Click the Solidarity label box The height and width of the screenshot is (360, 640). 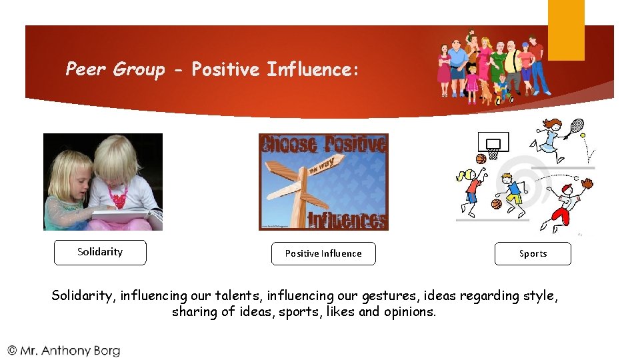[100, 253]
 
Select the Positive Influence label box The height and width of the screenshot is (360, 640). [323, 253]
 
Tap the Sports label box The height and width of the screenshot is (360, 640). [533, 254]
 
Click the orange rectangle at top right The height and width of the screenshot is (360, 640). [566, 29]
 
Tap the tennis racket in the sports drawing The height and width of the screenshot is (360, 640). [577, 125]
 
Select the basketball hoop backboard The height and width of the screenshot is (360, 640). [493, 142]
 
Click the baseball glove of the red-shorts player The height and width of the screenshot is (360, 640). [587, 183]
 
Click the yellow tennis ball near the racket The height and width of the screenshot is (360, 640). [583, 135]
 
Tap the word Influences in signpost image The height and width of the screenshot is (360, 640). [347, 219]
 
